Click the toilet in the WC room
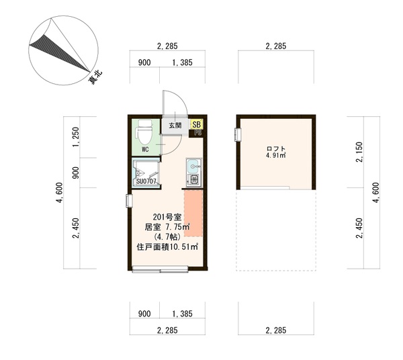point(146,132)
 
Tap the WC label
point(145,150)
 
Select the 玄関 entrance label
point(175,125)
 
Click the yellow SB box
point(196,125)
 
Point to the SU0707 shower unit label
point(146,181)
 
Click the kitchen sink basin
point(193,166)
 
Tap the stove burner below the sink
point(194,179)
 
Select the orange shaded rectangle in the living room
point(193,214)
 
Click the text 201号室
point(167,218)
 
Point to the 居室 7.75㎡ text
point(167,227)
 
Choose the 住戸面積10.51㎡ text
point(167,247)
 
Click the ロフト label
point(276,149)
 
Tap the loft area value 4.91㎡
point(276,155)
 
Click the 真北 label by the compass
point(95,77)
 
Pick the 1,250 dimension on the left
point(76,137)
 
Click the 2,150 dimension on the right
point(359,152)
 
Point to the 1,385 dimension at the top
point(182,62)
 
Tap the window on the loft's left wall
point(238,134)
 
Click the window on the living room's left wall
point(129,201)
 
